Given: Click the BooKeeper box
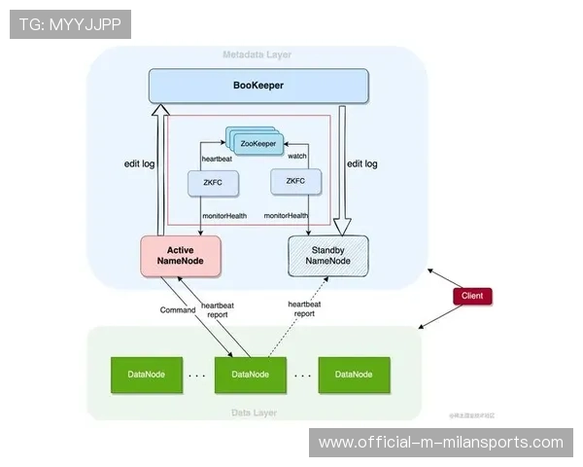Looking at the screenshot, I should pyautogui.click(x=257, y=86).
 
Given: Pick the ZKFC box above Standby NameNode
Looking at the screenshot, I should pyautogui.click(x=295, y=181).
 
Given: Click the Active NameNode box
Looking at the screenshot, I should pyautogui.click(x=182, y=256).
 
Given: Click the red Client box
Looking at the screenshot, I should pyautogui.click(x=473, y=295).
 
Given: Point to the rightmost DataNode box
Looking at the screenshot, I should pyautogui.click(x=355, y=375).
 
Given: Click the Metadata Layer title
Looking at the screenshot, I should pyautogui.click(x=257, y=54).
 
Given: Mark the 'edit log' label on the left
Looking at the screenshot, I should pyautogui.click(x=140, y=164).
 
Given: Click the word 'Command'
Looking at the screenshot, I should pyautogui.click(x=178, y=310).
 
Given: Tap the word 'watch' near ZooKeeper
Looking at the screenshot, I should pyautogui.click(x=298, y=156).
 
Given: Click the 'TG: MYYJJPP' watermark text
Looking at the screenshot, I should pyautogui.click(x=69, y=24).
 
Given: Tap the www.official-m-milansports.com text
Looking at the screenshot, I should pyautogui.click(x=440, y=443).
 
